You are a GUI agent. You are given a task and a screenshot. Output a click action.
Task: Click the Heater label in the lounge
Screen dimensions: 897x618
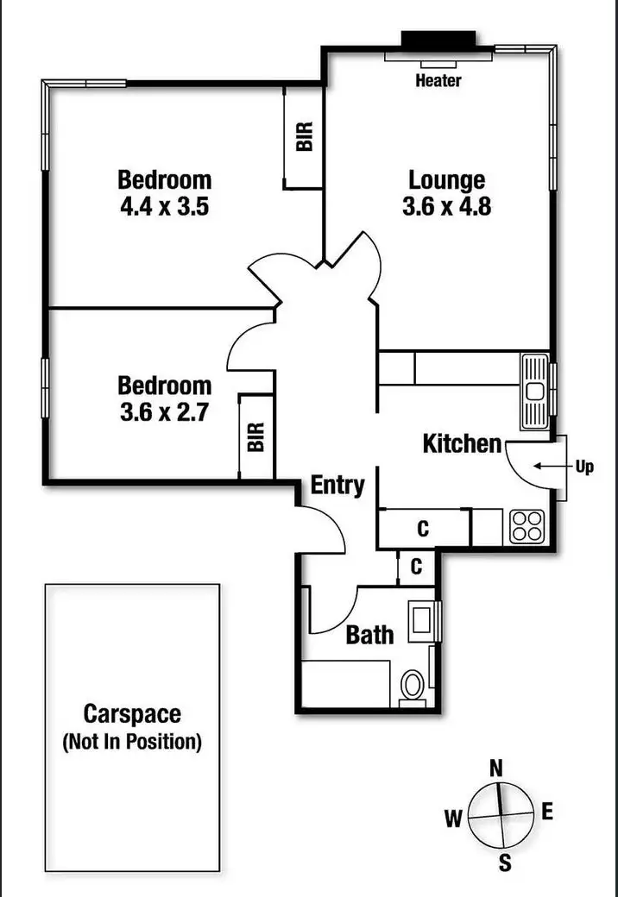tap(438, 81)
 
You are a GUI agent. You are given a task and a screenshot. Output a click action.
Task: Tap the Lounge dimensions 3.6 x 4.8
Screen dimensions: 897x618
tap(446, 207)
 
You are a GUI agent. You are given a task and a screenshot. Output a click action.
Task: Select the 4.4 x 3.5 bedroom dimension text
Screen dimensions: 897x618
tap(164, 207)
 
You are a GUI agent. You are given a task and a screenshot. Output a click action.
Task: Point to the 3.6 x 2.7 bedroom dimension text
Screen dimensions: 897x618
tap(164, 411)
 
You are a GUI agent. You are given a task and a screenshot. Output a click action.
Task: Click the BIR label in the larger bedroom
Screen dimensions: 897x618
tap(304, 138)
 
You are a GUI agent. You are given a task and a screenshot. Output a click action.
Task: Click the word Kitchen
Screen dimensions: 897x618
tap(462, 444)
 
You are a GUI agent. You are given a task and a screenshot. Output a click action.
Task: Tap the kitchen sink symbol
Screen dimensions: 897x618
tap(535, 392)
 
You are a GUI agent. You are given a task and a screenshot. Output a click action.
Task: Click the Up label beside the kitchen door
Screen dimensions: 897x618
tap(585, 467)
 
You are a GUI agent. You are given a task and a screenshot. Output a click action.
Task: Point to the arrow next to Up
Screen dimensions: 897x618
tap(547, 467)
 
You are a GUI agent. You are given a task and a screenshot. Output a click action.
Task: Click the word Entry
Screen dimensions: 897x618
tap(337, 486)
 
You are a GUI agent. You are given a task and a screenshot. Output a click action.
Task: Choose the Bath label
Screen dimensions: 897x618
tap(369, 636)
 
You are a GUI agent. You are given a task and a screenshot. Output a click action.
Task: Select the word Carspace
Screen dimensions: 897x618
tap(132, 714)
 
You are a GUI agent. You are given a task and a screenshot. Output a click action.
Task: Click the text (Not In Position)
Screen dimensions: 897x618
tap(132, 741)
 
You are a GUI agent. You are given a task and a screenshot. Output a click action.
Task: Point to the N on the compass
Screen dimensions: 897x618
tap(496, 768)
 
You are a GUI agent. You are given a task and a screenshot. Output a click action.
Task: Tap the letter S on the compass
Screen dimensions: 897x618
tap(505, 862)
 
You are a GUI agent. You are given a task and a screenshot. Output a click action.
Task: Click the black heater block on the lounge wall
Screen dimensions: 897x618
tap(438, 40)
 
